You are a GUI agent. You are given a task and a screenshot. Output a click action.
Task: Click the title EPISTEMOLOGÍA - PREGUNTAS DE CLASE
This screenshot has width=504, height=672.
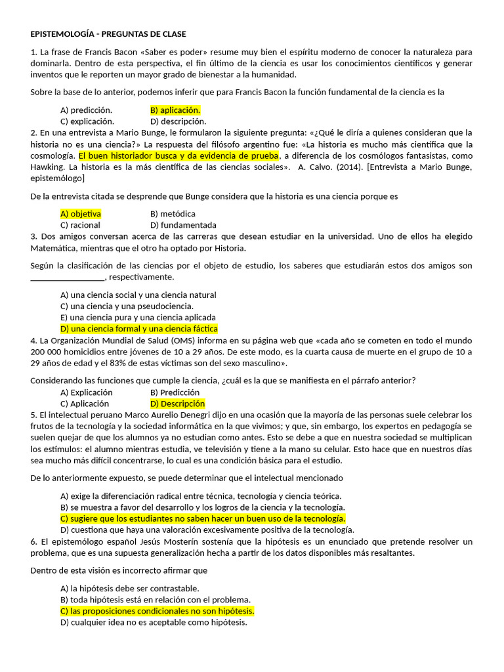[x=108, y=34]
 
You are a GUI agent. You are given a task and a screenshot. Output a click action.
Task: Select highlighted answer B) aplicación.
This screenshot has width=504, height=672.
[x=175, y=110]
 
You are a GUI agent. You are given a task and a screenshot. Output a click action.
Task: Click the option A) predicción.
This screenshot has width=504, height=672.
[x=86, y=110]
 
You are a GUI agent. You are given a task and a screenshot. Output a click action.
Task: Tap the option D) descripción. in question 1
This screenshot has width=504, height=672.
[x=178, y=121]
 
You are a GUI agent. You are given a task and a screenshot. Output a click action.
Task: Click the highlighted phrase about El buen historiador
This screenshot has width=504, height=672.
[x=179, y=156]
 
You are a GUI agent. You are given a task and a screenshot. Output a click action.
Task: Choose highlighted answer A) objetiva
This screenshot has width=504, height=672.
[x=81, y=214]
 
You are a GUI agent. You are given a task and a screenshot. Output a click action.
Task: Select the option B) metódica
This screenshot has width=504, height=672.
[x=173, y=214]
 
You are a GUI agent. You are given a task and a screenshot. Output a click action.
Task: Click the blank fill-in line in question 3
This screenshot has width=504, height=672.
[x=68, y=277]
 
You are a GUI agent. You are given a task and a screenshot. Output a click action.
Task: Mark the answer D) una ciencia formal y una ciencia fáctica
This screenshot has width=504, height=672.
[x=138, y=329]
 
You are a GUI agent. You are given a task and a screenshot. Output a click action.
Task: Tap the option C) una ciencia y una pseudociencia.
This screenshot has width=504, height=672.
[x=127, y=306]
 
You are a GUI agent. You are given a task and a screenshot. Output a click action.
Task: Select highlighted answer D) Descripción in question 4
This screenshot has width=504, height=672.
[x=177, y=404]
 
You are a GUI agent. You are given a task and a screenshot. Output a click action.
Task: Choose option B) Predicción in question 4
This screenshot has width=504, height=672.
[x=175, y=392]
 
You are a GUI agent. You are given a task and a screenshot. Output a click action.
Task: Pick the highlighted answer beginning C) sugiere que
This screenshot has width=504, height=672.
[x=203, y=518]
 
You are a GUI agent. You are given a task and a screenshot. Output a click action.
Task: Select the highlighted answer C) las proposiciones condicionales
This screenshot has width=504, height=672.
[x=157, y=611]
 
